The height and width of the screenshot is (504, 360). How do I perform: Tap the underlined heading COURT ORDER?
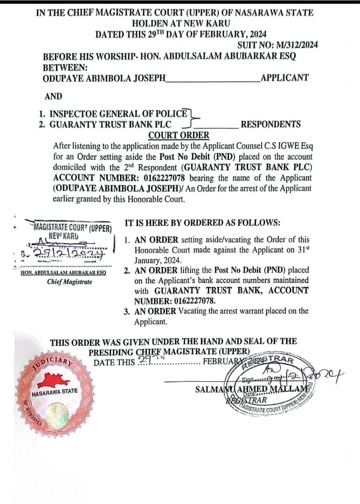pos(179,135)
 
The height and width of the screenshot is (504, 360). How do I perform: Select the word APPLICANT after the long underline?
pos(284,78)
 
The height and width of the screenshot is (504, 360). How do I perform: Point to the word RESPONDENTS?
pos(270,125)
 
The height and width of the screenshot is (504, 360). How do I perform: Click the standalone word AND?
pos(53,97)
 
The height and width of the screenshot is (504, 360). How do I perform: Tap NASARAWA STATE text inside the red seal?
pos(55,392)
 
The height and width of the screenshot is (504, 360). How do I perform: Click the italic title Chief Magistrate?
pos(69,282)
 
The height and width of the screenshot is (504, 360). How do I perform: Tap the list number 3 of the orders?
pos(126,311)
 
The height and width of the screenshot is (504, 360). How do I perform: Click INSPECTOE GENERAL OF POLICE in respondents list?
pos(118,113)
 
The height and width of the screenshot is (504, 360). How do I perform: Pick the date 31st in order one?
pos(304,250)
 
